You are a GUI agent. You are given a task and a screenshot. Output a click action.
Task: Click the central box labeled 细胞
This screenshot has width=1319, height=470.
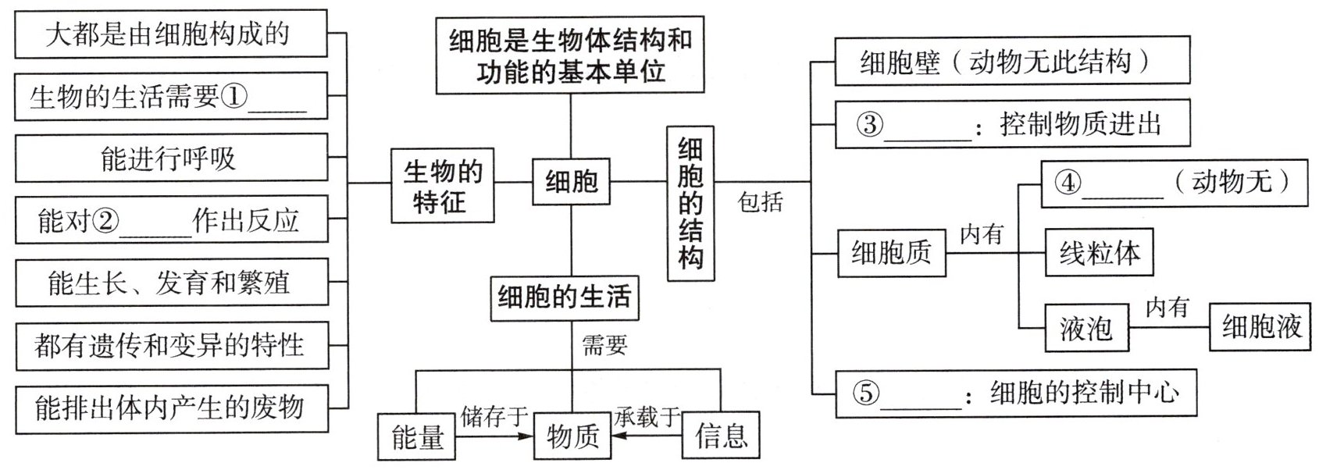(571, 182)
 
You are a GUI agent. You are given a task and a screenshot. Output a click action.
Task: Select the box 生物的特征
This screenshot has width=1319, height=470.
(442, 187)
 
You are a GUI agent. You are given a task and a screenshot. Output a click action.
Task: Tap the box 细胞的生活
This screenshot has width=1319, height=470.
(564, 297)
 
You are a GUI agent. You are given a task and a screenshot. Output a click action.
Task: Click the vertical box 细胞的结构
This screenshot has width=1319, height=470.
(690, 203)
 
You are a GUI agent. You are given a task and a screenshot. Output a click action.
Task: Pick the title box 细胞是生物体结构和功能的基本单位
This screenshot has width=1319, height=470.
(570, 55)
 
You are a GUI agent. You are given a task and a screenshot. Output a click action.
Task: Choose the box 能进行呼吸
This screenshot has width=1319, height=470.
(170, 158)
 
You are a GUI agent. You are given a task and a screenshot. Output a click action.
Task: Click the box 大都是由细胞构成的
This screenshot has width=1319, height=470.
(170, 34)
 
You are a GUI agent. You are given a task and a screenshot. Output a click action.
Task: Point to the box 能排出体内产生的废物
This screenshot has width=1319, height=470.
(170, 407)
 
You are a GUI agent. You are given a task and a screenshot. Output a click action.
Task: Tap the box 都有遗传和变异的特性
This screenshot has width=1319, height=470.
(170, 345)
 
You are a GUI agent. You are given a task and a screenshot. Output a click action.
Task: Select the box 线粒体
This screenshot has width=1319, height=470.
(1099, 252)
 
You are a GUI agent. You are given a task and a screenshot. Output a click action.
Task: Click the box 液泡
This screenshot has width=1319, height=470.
(1086, 327)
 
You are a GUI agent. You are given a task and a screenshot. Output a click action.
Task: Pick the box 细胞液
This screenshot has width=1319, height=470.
(1260, 326)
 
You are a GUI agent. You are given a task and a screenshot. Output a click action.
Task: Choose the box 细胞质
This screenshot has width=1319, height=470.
(891, 253)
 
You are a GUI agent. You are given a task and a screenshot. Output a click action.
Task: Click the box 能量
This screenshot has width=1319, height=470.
(417, 436)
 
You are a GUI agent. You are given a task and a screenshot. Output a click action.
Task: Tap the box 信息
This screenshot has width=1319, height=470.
(721, 435)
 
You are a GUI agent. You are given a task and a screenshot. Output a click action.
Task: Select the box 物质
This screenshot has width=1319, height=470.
(572, 436)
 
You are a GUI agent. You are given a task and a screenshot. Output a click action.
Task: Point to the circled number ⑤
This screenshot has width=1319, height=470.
(867, 393)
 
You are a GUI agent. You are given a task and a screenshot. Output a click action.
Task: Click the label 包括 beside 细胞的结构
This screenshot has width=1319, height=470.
(760, 202)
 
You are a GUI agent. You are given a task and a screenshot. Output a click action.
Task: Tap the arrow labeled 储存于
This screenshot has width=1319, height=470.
(494, 436)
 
